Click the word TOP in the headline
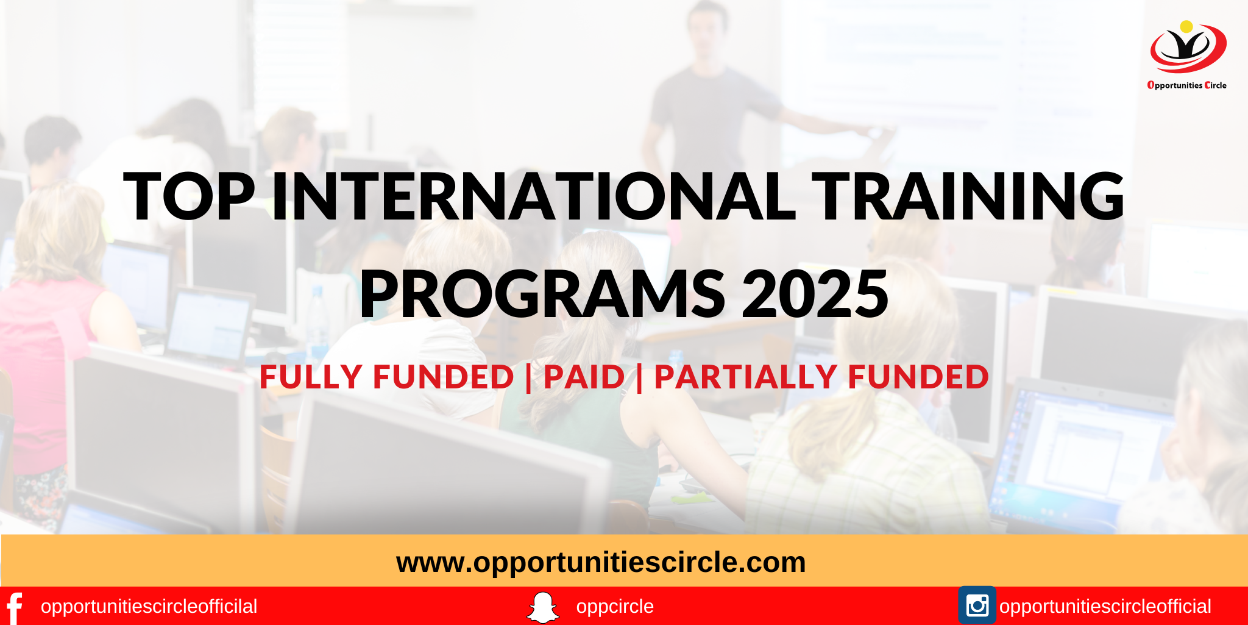click(x=189, y=196)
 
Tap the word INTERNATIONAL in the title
click(x=534, y=196)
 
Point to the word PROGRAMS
click(x=542, y=295)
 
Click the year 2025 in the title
click(x=815, y=295)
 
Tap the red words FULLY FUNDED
click(x=386, y=377)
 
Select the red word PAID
click(x=584, y=377)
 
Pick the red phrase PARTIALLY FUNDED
click(x=821, y=377)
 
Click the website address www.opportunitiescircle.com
click(x=601, y=562)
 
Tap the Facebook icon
click(x=14, y=607)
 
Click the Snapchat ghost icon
click(x=542, y=607)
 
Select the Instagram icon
click(x=977, y=605)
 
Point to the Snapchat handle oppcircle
click(x=614, y=607)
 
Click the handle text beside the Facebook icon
click(x=149, y=607)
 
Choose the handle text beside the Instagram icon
click(x=1105, y=607)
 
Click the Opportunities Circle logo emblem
click(x=1188, y=49)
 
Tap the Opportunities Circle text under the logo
click(x=1186, y=85)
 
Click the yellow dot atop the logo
click(x=1186, y=27)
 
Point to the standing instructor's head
click(x=707, y=27)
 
